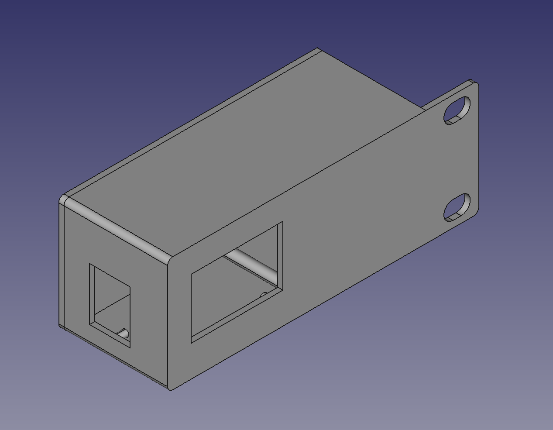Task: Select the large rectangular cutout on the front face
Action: click(237, 282)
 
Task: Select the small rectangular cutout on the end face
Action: click(110, 306)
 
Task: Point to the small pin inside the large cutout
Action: click(264, 296)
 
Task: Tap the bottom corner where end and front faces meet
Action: click(171, 388)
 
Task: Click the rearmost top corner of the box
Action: click(318, 49)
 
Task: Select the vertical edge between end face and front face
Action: click(168, 323)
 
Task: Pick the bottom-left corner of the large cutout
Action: click(192, 342)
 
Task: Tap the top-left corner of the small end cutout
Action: click(90, 264)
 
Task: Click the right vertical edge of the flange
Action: click(479, 148)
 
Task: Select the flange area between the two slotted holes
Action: click(458, 159)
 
